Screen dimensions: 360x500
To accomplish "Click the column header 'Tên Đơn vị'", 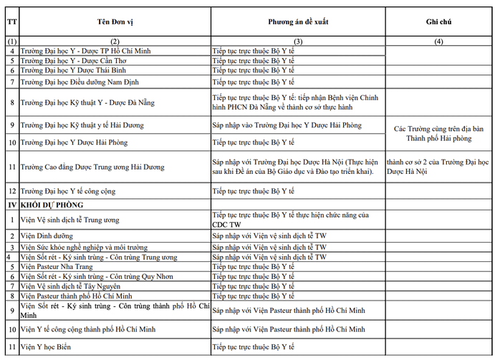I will tap(115, 22).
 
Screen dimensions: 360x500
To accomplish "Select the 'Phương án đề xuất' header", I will tap(297, 22).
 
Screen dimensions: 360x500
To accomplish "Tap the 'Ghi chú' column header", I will tap(439, 22).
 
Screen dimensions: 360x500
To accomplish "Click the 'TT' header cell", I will tap(11, 22).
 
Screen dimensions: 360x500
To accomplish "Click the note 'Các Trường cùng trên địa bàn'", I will tap(438, 129).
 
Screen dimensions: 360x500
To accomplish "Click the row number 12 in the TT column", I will tap(11, 191).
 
